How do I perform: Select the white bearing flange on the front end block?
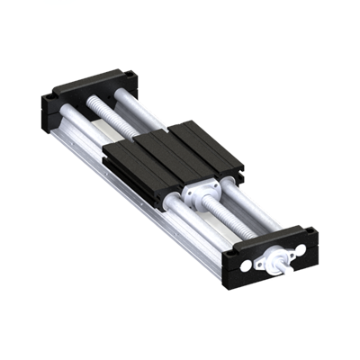click(271, 261)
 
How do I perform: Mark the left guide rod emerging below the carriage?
click(180, 216)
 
